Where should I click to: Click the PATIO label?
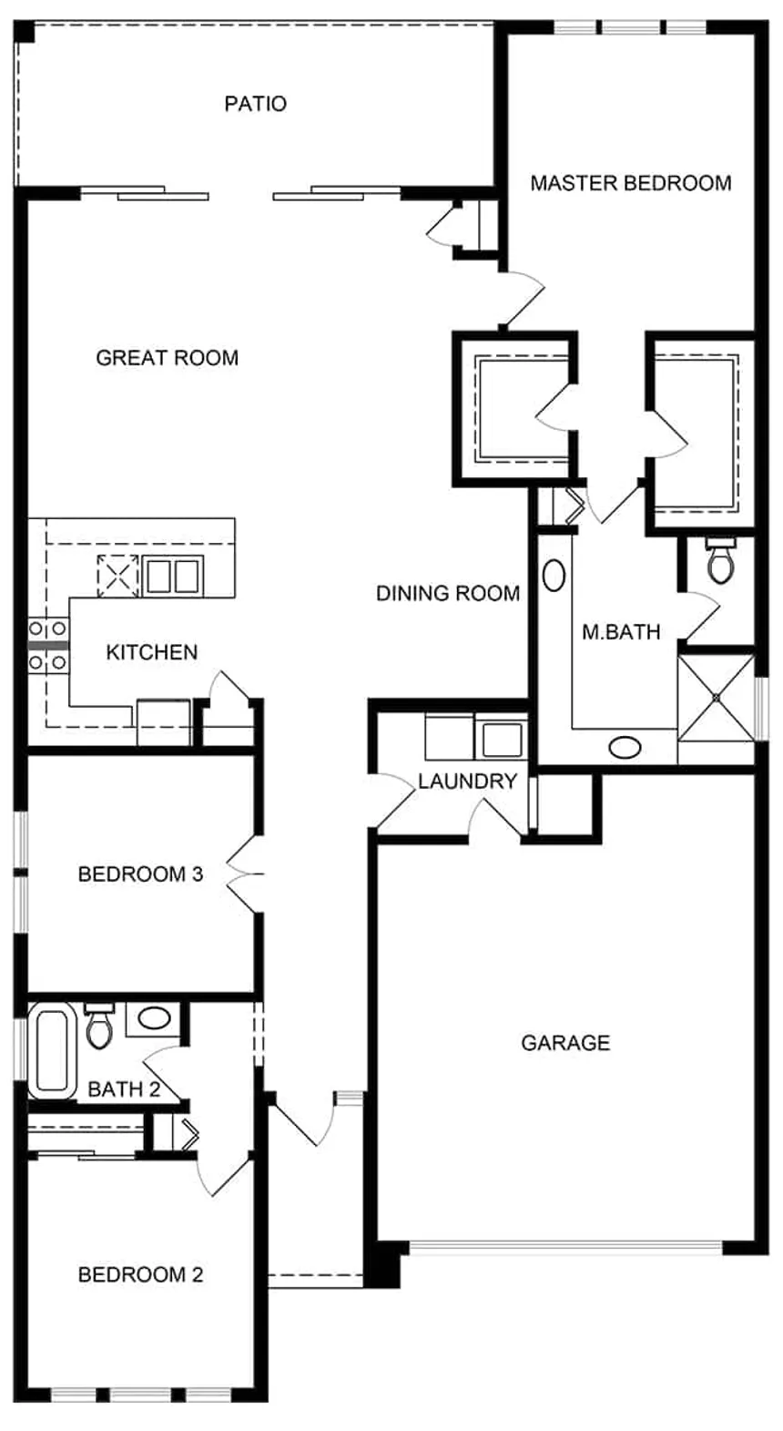(256, 104)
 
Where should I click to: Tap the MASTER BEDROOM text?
(631, 183)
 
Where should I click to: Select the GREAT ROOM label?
(168, 358)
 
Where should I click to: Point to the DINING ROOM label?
(448, 594)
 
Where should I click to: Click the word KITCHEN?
(152, 652)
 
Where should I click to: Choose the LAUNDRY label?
(467, 782)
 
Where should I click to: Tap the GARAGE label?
(566, 1043)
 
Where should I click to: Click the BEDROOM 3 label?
(140, 874)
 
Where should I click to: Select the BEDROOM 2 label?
(140, 1274)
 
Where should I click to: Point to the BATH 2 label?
(124, 1089)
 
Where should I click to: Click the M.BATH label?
(621, 632)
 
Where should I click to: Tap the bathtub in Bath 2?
(53, 1051)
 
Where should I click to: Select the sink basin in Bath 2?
(154, 1018)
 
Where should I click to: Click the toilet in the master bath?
(722, 560)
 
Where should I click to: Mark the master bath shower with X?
(716, 699)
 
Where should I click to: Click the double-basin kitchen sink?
(172, 576)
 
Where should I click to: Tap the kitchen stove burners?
(48, 646)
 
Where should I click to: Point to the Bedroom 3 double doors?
(246, 874)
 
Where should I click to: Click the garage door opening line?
(566, 1247)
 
